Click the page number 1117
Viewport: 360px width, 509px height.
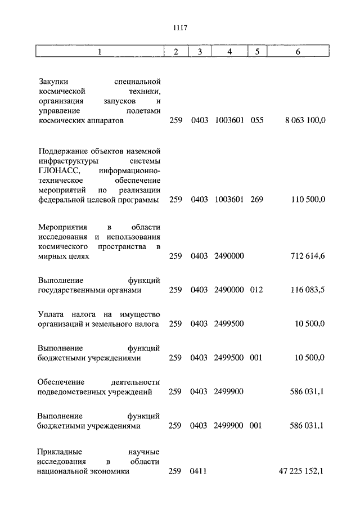180,28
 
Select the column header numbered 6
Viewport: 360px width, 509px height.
298,52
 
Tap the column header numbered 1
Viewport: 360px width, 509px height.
100,52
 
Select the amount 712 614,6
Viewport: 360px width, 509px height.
308,256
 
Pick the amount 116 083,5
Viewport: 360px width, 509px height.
308,290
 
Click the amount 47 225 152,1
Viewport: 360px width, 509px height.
301,471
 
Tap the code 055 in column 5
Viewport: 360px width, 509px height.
256,120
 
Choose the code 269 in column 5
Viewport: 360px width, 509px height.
256,200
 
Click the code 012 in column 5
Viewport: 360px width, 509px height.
256,290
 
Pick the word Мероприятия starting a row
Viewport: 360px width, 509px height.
63,227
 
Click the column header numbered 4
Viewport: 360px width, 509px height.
229,52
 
